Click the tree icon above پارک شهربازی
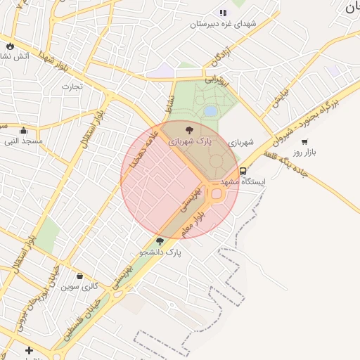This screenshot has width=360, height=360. [188, 129]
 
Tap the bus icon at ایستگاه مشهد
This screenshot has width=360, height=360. [243, 171]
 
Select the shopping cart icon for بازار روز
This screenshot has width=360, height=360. [304, 141]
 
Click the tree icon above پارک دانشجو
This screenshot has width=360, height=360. [160, 241]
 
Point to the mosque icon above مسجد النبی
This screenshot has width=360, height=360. [23, 130]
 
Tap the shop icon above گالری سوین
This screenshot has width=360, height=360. [79, 276]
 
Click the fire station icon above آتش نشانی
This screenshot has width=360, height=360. [10, 46]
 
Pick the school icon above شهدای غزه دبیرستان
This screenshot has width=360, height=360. [224, 13]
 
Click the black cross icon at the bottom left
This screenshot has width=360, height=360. [29, 350]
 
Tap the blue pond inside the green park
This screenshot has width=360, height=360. [210, 111]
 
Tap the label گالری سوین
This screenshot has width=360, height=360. [79, 286]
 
